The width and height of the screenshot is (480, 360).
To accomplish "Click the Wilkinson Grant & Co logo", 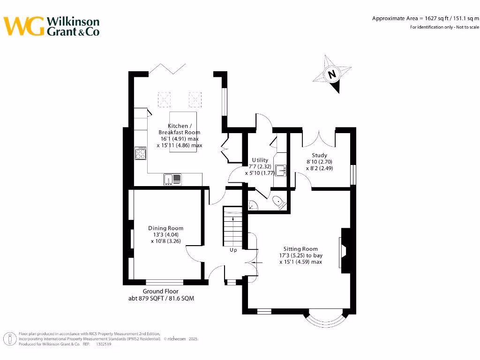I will [52, 26].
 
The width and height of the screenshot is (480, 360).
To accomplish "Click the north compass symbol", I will [332, 75].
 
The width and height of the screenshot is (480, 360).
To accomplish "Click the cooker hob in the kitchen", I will [140, 153].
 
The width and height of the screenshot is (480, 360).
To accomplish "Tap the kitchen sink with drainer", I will [172, 179].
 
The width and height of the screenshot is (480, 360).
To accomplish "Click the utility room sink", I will [281, 170].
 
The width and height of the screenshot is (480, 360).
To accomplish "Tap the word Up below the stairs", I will [233, 250].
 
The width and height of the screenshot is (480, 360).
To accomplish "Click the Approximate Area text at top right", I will [426, 18].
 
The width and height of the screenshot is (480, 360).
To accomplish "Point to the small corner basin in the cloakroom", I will [251, 204].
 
